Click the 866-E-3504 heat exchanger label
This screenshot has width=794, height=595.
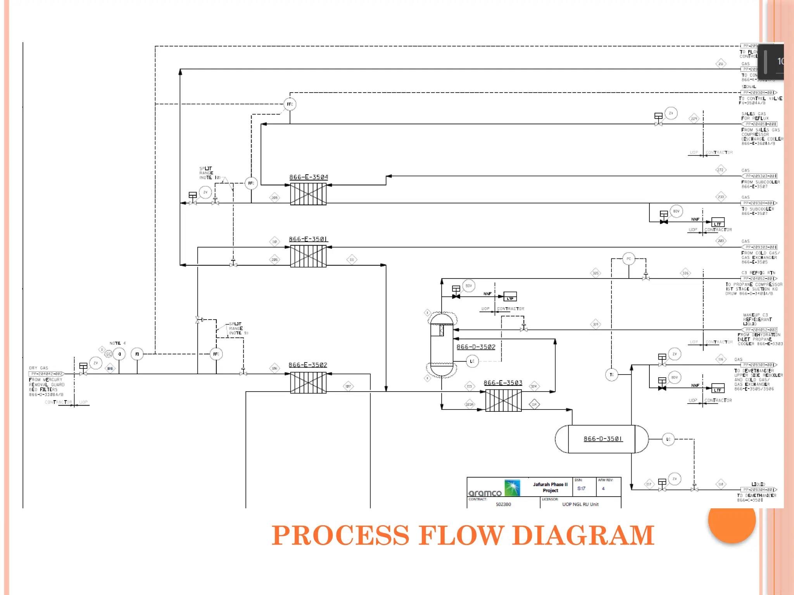click(x=309, y=177)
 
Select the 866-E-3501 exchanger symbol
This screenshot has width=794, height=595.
click(x=308, y=256)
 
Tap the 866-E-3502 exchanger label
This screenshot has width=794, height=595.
click(x=308, y=365)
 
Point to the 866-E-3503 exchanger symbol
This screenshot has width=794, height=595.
click(x=503, y=401)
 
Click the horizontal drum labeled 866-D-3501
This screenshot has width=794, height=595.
click(x=602, y=439)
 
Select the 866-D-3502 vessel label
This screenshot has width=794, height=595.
click(x=476, y=347)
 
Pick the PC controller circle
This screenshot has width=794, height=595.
click(x=629, y=259)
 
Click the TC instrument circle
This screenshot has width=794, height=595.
click(x=611, y=375)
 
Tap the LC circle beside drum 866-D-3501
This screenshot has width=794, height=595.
click(x=668, y=439)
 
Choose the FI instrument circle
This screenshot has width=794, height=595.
click(x=137, y=354)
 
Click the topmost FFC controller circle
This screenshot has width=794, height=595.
click(x=290, y=104)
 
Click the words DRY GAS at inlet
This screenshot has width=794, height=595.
click(x=38, y=368)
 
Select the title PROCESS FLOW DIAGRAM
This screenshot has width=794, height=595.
click(x=463, y=536)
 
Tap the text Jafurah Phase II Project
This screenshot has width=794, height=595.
click(x=550, y=487)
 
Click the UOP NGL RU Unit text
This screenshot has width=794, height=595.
click(x=580, y=504)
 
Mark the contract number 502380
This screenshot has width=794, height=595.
click(x=503, y=504)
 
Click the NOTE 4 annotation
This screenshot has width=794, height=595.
click(x=117, y=343)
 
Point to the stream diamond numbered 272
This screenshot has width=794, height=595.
click(x=720, y=170)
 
